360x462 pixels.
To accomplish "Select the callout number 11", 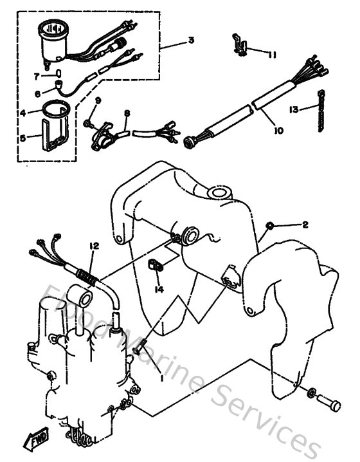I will click(x=273, y=55).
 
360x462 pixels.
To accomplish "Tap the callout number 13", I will click(x=295, y=109).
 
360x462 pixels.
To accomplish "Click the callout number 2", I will click(x=305, y=225).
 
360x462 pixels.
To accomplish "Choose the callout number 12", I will click(x=94, y=245).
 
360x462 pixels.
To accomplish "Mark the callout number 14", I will click(x=159, y=290).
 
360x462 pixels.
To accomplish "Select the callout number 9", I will click(x=98, y=100).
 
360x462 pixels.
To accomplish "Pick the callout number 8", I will click(x=127, y=114).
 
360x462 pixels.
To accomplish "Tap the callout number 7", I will click(x=37, y=76).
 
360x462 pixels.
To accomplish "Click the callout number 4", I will click(x=22, y=113).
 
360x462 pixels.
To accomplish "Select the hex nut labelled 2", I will click(x=271, y=225).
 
